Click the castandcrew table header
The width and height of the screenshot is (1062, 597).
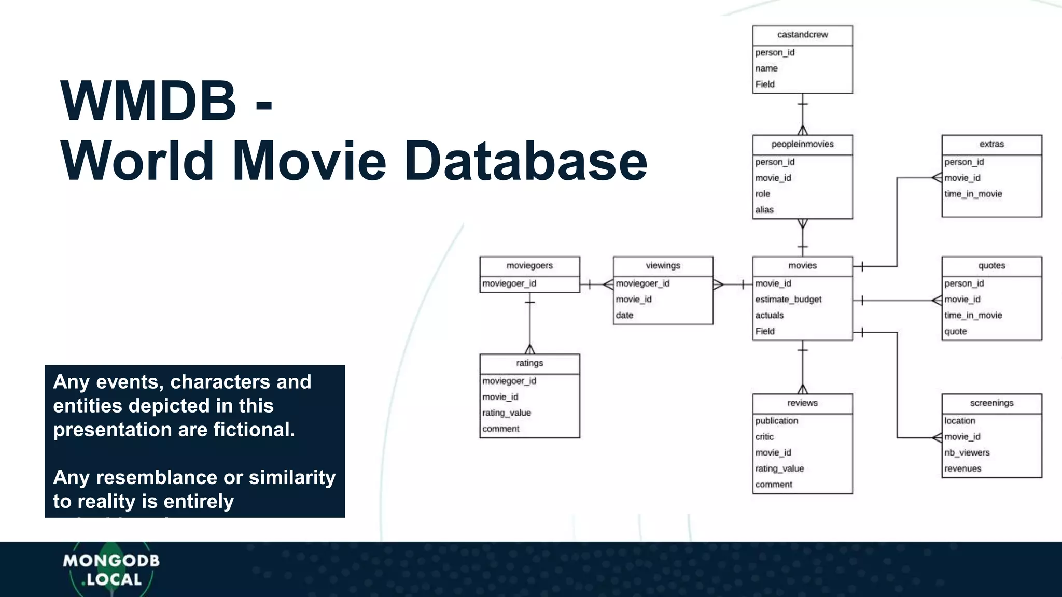tap(802, 35)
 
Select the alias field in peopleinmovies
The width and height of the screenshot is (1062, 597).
tap(764, 210)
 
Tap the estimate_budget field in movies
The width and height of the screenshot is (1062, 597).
tap(788, 300)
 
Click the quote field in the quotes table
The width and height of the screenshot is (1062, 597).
tap(955, 331)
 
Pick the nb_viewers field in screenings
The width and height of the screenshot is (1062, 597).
tap(967, 453)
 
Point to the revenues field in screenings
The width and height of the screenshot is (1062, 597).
tap(962, 468)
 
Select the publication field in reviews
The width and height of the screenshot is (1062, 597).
tap(776, 421)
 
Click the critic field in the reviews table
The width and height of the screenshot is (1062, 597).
tap(764, 437)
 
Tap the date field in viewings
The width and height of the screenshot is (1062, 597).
tap(624, 315)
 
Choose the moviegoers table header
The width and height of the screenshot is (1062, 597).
tap(529, 266)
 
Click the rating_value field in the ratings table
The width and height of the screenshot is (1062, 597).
tap(506, 413)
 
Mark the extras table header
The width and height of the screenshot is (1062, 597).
tap(991, 144)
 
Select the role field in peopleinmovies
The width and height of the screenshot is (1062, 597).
tap(762, 194)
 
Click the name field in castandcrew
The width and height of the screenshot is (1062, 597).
tap(766, 68)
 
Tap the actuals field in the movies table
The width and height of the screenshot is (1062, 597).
tap(769, 315)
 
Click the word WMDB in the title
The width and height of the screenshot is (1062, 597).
tap(148, 101)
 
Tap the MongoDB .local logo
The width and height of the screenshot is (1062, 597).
tap(111, 570)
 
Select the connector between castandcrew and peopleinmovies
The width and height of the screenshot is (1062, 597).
tap(803, 114)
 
